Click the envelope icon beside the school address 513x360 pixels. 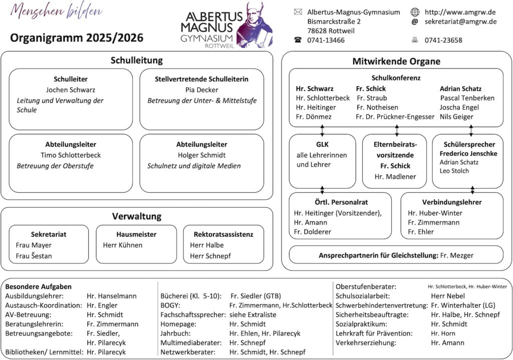pyautogui.click(x=298, y=12)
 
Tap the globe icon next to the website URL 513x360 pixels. pyautogui.click(x=415, y=12)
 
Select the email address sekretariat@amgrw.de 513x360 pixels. pyautogui.click(x=460, y=22)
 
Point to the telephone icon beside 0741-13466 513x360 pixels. pyautogui.click(x=298, y=40)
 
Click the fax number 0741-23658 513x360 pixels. pyautogui.click(x=443, y=40)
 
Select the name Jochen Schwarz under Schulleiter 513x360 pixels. pyautogui.click(x=71, y=90)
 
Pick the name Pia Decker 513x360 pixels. pyautogui.click(x=201, y=90)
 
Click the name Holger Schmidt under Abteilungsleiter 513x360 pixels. pyautogui.click(x=201, y=155)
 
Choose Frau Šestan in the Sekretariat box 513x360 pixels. pyautogui.click(x=34, y=256)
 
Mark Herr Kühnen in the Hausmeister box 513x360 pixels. pyautogui.click(x=123, y=245)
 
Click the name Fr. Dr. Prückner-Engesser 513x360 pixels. pyautogui.click(x=395, y=117)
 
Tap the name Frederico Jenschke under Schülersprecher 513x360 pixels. pyautogui.click(x=469, y=154)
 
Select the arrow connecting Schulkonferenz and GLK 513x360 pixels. pyautogui.click(x=322, y=130)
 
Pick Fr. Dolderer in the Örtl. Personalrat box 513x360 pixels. pyautogui.click(x=313, y=232)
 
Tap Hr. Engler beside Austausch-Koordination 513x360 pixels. pyautogui.click(x=102, y=305)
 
